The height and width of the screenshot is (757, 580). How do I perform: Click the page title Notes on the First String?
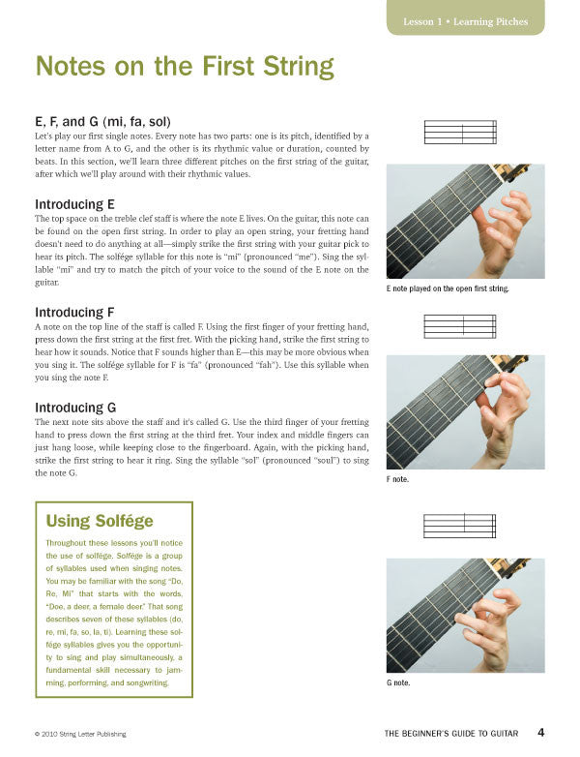(185, 67)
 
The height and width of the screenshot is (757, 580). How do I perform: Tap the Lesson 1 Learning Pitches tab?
(465, 21)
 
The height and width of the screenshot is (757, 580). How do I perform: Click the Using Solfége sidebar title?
(100, 521)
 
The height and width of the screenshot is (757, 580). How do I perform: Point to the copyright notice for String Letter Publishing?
(89, 734)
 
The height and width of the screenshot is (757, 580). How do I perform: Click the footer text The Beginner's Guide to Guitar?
(450, 734)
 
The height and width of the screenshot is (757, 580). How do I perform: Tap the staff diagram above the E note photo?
(460, 132)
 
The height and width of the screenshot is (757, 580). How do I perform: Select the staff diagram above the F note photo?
(460, 326)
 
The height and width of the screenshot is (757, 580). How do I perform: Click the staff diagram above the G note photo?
(460, 526)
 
